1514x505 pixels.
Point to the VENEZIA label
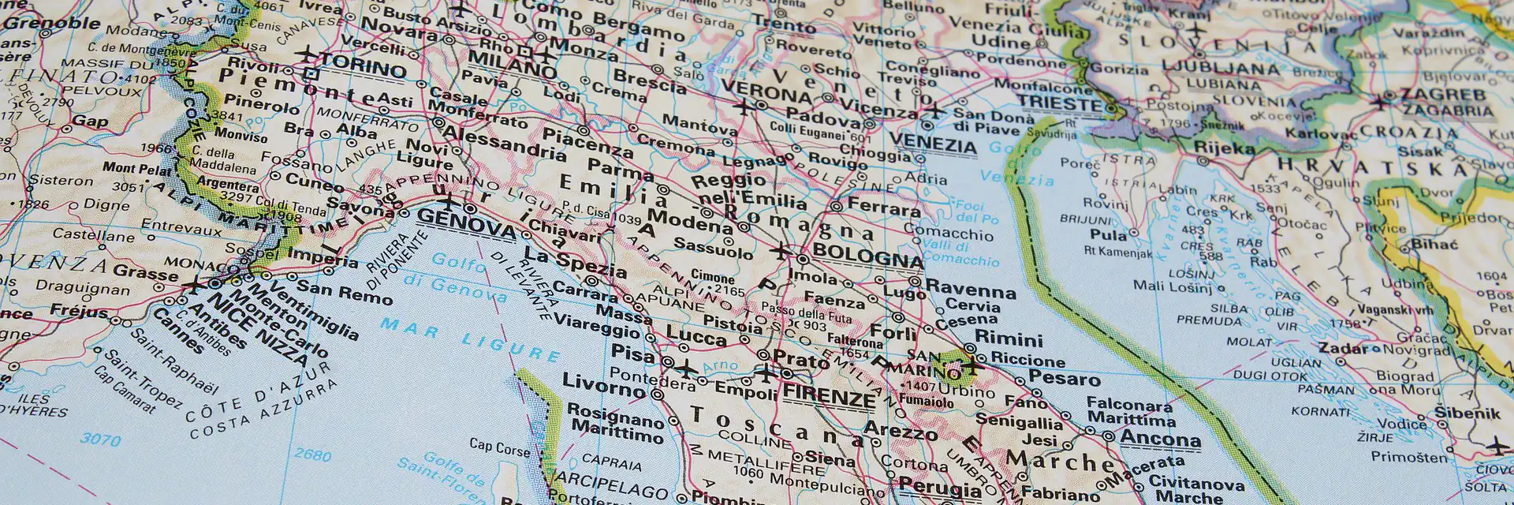click(x=932, y=144)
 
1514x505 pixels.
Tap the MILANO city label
click(x=512, y=64)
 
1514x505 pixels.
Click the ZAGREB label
click(x=1442, y=95)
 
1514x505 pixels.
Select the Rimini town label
click(x=1009, y=339)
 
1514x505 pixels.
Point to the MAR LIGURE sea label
click(x=470, y=339)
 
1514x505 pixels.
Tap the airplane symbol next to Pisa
click(x=685, y=368)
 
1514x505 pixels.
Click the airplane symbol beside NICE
click(x=192, y=285)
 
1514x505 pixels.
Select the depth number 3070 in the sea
click(x=100, y=439)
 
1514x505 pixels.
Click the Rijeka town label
click(x=1224, y=148)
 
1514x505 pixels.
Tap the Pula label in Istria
click(x=1108, y=234)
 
